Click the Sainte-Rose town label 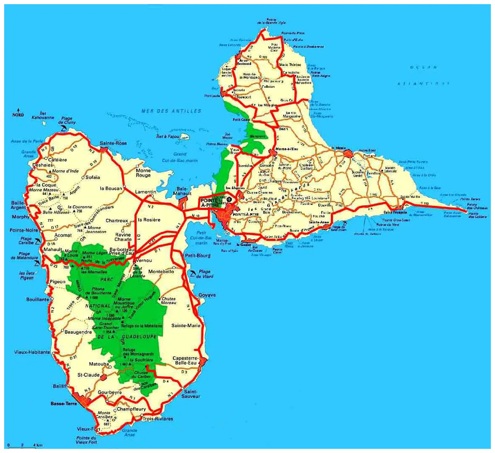pos(113,143)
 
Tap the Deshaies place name pos(43,165)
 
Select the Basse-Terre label pos(63,404)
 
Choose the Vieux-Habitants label pos(32,352)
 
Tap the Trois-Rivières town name pos(158,419)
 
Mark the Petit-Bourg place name pos(198,255)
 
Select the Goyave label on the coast pos(207,295)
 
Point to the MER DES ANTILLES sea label pos(171,111)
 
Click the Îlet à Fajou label pos(168,136)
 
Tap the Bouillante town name pos(38,299)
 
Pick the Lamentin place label pos(145,192)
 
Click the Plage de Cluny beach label pos(67,120)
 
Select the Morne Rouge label pos(143,173)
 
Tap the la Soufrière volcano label pos(141,360)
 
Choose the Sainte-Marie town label pos(186,325)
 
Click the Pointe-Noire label pos(23,230)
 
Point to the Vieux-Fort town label pos(89,429)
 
